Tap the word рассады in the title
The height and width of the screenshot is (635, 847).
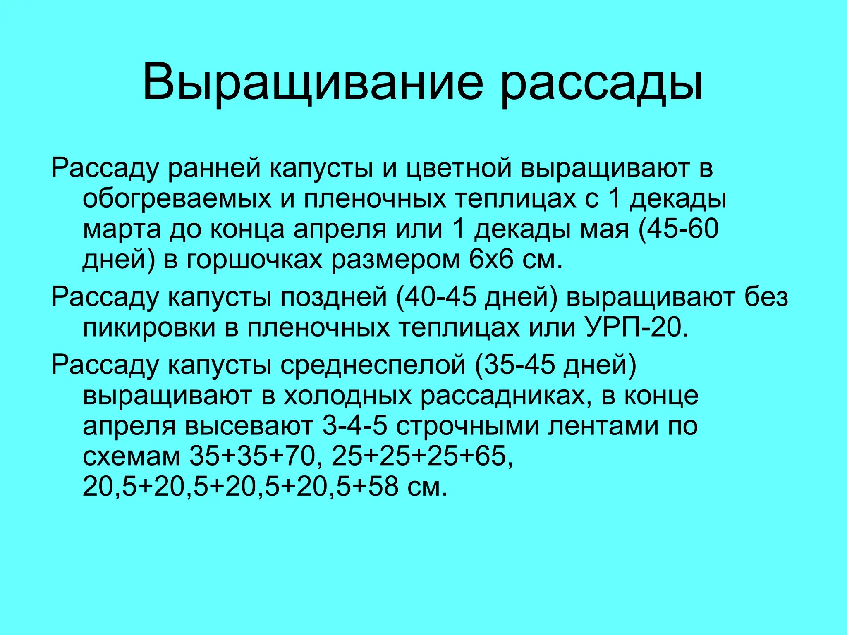pyautogui.click(x=601, y=83)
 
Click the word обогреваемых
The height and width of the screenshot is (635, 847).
pyautogui.click(x=177, y=199)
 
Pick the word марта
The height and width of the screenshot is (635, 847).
pyautogui.click(x=122, y=229)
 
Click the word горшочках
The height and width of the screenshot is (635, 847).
pyautogui.click(x=254, y=260)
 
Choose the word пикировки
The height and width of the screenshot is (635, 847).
pyautogui.click(x=149, y=327)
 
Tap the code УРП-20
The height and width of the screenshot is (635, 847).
pyautogui.click(x=637, y=327)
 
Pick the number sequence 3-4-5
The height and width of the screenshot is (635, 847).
pyautogui.click(x=355, y=426)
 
